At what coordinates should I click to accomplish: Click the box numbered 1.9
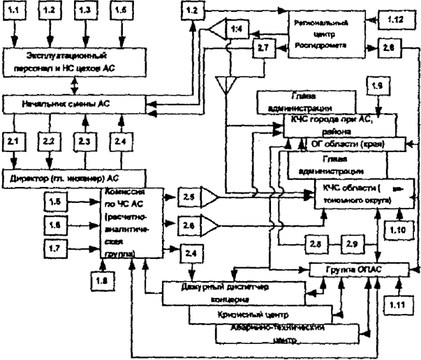(x=378, y=87)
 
